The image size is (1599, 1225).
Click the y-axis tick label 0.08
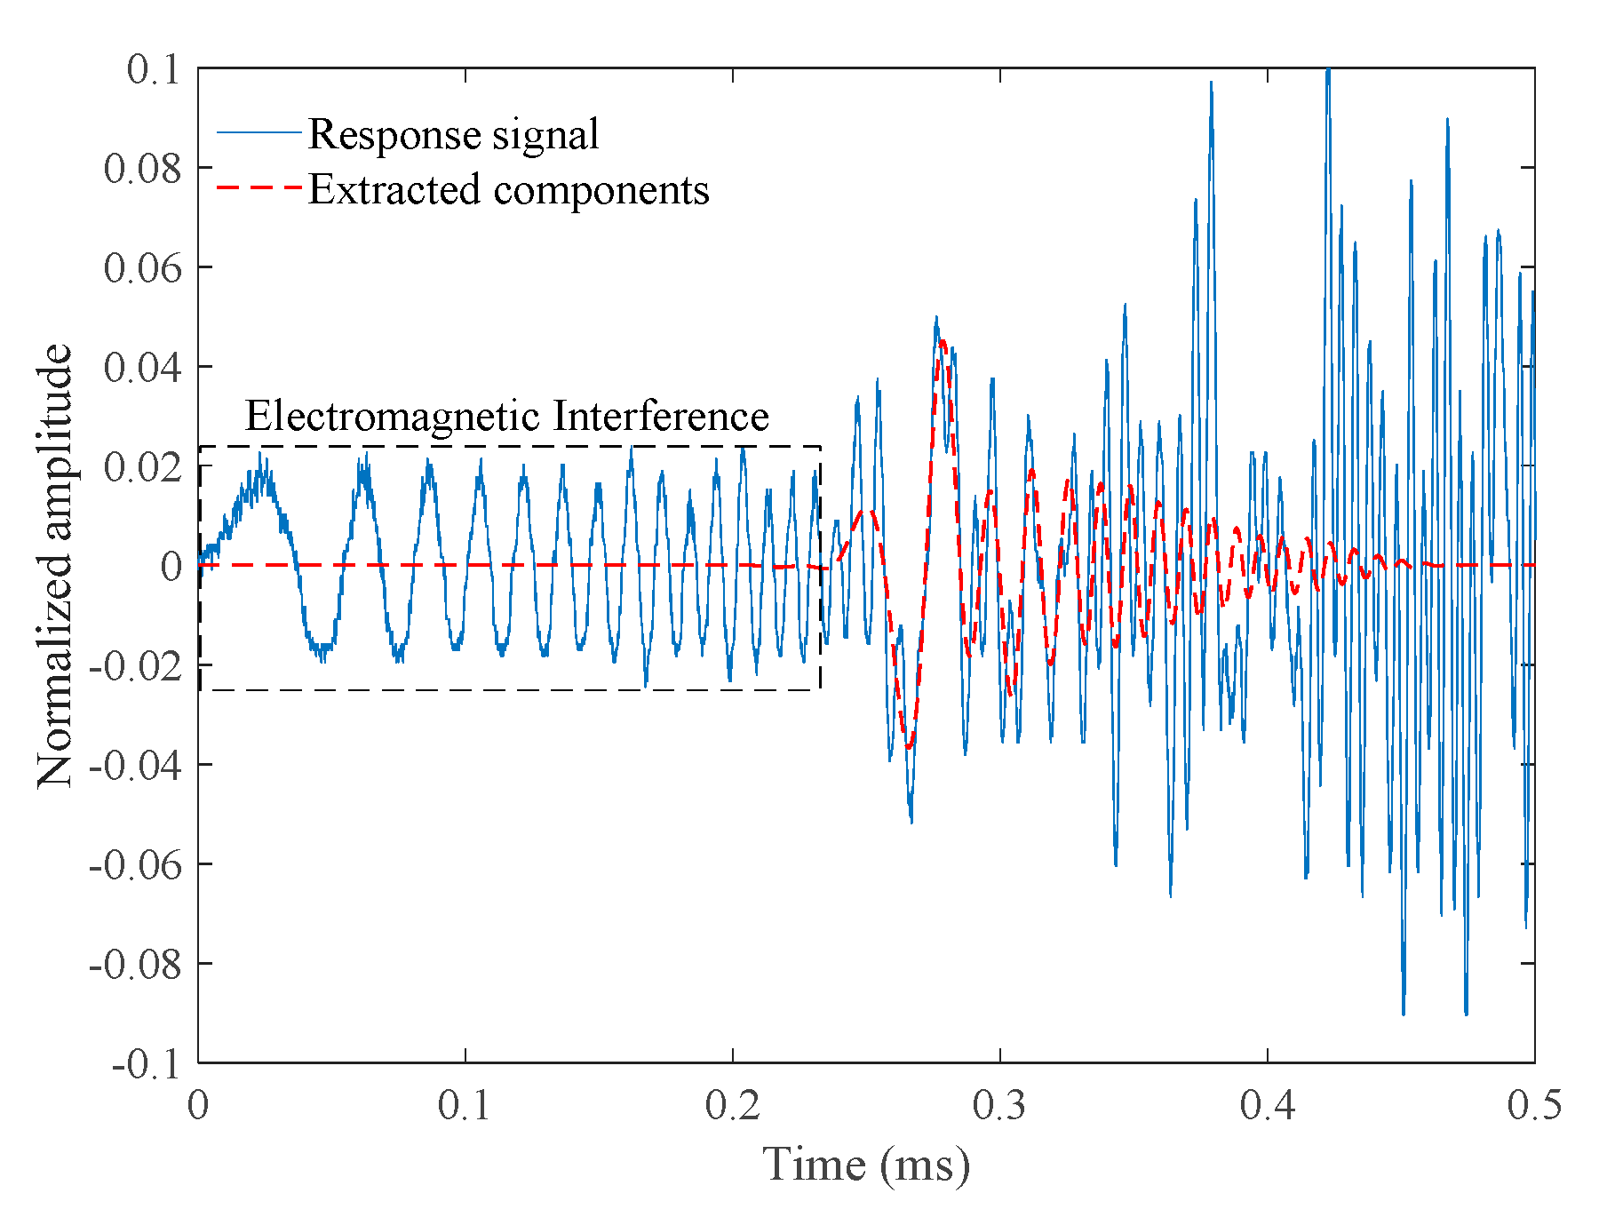tap(142, 168)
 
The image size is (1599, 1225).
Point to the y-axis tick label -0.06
tap(135, 864)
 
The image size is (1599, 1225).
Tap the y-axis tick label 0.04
tap(142, 367)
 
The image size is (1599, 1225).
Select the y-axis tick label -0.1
tap(146, 1063)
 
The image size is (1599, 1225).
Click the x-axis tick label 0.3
tap(1000, 1106)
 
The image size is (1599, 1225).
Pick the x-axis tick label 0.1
tap(465, 1106)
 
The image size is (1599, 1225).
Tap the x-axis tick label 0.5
tap(1534, 1106)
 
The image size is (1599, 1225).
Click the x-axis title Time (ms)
tap(866, 1165)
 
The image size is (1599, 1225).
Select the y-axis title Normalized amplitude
tap(55, 565)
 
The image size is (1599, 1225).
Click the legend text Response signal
tap(453, 135)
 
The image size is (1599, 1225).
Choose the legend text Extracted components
tap(508, 190)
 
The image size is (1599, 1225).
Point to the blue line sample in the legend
tap(259, 133)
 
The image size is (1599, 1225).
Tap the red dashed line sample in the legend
tap(259, 187)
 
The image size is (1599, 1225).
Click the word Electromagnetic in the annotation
tap(391, 416)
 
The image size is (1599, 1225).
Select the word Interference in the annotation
tap(660, 416)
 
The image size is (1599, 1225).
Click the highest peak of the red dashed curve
tap(943, 341)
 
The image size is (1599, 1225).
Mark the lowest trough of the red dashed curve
tap(909, 746)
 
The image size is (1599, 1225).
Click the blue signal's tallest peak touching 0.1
tap(1328, 71)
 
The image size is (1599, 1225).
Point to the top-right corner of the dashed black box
tap(819, 447)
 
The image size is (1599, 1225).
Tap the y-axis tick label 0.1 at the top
tap(153, 69)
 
